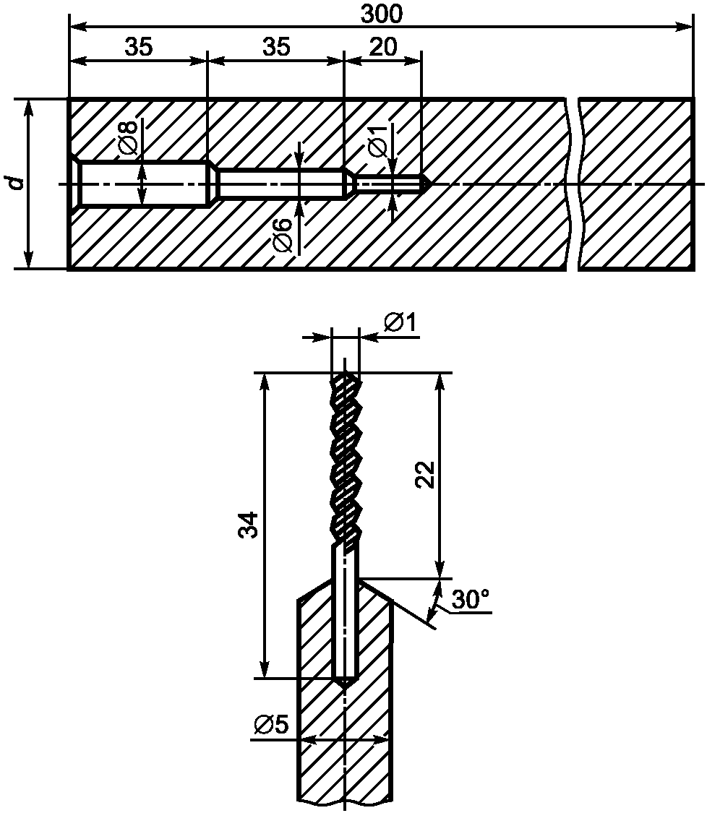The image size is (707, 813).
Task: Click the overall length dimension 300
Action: tap(381, 14)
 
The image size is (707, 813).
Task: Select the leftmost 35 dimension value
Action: tap(139, 47)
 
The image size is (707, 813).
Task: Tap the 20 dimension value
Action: tap(383, 47)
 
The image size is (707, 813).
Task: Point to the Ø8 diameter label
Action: tap(129, 137)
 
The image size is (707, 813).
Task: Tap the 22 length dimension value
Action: tap(425, 474)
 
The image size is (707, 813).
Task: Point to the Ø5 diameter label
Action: tap(271, 725)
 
